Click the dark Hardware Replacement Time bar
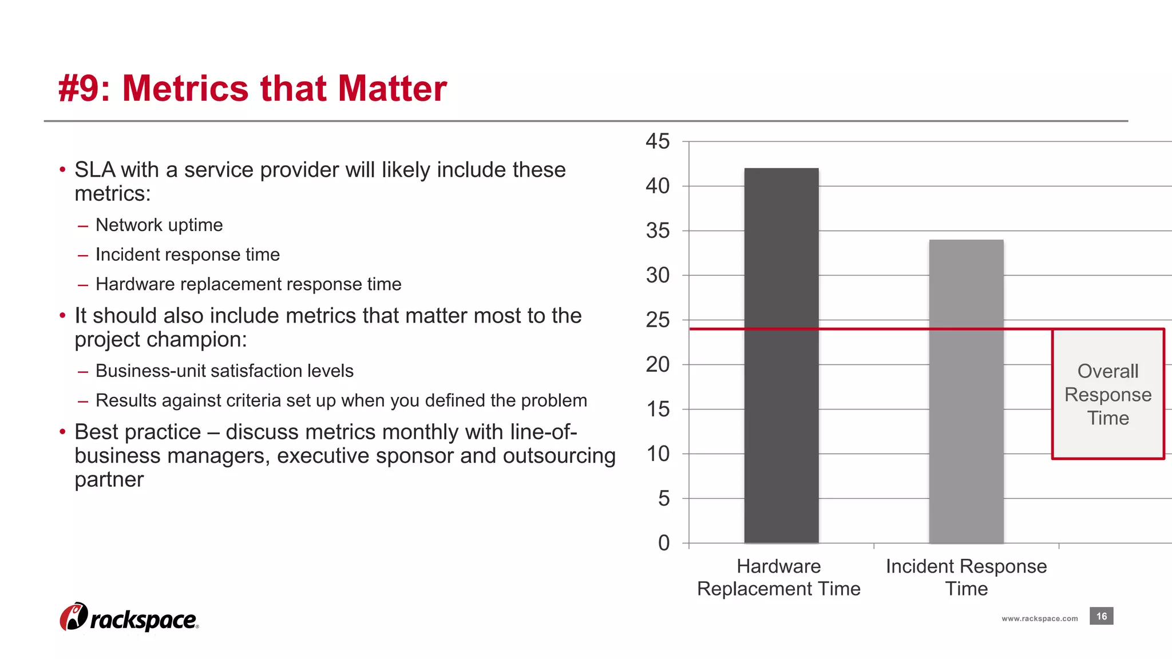pos(781,355)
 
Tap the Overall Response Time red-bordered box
pos(1108,394)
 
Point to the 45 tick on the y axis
pos(658,141)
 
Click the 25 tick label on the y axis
pos(658,320)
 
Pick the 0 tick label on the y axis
pos(663,543)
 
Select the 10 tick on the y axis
pos(658,454)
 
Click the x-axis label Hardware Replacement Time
pos(778,577)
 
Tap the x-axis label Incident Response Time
pos(966,577)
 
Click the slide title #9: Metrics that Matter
pos(252,89)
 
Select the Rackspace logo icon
pos(73,617)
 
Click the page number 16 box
pos(1101,616)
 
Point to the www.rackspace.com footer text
pos(1039,618)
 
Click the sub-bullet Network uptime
pos(159,225)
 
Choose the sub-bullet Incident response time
pos(188,255)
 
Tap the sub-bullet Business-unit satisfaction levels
pos(224,371)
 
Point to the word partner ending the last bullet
pos(109,479)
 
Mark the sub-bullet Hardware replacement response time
pos(248,284)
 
